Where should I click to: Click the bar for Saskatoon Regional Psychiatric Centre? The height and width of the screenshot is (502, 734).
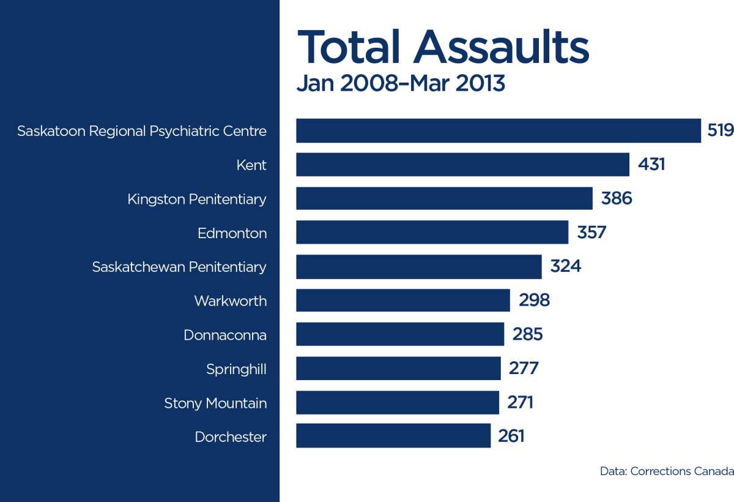[x=499, y=131]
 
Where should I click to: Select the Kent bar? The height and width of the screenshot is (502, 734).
[x=462, y=165]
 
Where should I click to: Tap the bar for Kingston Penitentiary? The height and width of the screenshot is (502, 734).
[x=444, y=199]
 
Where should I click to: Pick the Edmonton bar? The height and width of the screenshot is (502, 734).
[x=432, y=233]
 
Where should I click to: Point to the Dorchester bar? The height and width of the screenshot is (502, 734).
[x=393, y=436]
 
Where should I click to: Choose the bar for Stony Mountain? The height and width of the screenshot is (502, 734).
[x=398, y=402]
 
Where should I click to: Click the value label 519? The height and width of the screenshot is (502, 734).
[x=720, y=131]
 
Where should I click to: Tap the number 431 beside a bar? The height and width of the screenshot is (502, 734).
[x=651, y=165]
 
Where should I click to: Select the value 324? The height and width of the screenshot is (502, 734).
[x=565, y=267]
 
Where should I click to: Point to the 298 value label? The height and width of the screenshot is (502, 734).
[x=534, y=301]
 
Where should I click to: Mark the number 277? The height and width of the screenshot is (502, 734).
[x=524, y=369]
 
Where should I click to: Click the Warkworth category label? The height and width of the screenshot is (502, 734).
[x=231, y=301]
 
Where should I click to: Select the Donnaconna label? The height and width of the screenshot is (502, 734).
[x=225, y=335]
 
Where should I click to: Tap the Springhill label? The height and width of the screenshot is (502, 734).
[x=236, y=369]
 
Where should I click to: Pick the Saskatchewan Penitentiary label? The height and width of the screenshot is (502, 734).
[x=179, y=267]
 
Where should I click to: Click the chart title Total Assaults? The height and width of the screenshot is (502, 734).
[x=443, y=47]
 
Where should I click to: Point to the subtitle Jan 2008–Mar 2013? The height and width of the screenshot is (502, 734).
[x=401, y=83]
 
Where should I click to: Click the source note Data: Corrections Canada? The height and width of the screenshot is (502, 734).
[x=667, y=471]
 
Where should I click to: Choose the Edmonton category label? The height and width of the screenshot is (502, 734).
[x=232, y=233]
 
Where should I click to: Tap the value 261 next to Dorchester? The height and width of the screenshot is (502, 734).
[x=511, y=436]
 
